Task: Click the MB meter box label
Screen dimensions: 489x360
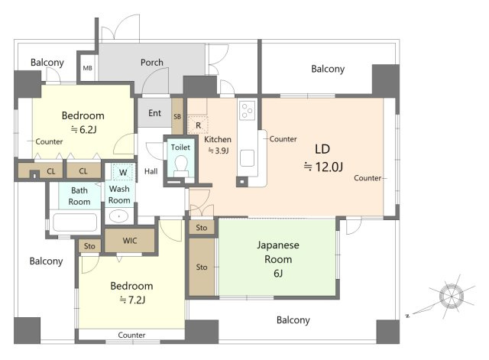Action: (87, 68)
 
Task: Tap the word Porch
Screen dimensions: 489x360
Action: (152, 63)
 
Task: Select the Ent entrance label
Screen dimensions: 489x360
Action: (154, 113)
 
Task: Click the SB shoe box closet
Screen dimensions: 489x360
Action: (177, 116)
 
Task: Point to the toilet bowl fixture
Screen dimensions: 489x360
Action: (180, 164)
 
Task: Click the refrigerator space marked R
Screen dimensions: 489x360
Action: (198, 125)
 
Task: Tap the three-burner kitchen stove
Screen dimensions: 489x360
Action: (247, 110)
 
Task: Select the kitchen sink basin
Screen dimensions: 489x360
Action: (247, 158)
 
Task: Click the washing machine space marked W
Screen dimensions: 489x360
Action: (124, 172)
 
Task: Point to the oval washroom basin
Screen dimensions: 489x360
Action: (119, 216)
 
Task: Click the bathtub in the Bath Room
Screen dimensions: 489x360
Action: (75, 222)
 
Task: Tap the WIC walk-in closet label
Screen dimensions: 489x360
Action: (130, 241)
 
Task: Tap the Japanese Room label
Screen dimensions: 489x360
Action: (278, 252)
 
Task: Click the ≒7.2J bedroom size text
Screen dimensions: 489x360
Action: (132, 300)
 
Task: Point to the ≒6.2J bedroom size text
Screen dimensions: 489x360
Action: (83, 129)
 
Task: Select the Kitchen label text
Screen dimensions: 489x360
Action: (218, 139)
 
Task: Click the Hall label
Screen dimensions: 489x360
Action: (151, 171)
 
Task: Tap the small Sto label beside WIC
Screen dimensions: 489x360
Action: (89, 246)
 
